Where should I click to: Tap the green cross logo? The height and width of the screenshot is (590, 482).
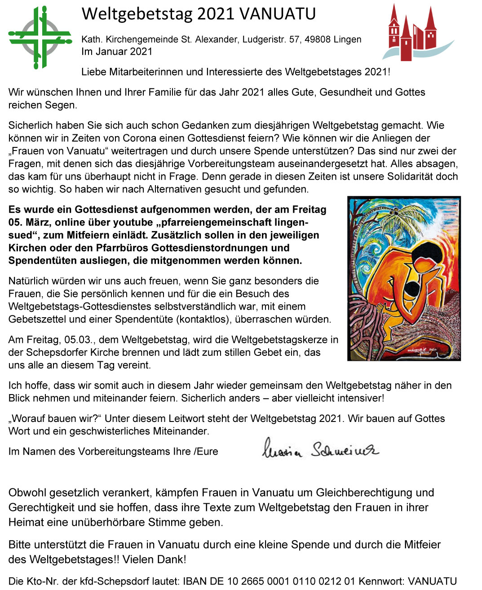click(40, 37)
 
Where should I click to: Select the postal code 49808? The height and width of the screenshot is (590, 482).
click(318, 40)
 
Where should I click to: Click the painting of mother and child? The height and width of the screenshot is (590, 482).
click(404, 279)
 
